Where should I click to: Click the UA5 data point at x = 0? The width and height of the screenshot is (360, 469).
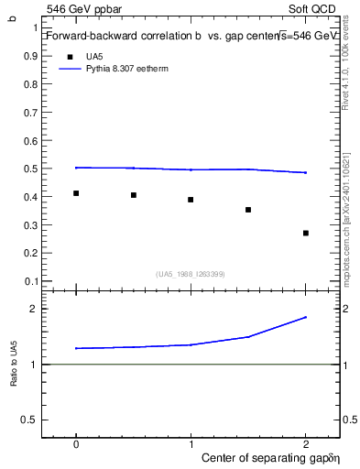pyautogui.click(x=76, y=193)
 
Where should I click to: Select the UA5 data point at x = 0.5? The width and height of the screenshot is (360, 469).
pyautogui.click(x=134, y=195)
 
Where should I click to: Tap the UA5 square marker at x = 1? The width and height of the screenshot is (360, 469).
pyautogui.click(x=191, y=200)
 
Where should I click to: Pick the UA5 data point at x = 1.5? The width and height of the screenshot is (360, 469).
pyautogui.click(x=248, y=210)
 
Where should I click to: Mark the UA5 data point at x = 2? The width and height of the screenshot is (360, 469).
pyautogui.click(x=306, y=233)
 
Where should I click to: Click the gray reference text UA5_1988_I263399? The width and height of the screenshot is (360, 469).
pyautogui.click(x=191, y=274)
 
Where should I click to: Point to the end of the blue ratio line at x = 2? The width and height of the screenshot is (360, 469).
pyautogui.click(x=306, y=317)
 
